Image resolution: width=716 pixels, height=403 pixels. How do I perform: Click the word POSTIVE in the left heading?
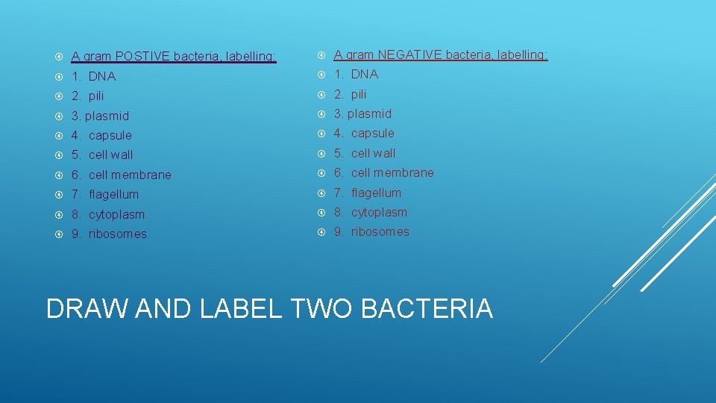click(x=144, y=57)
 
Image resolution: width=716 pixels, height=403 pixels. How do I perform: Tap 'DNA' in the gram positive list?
click(x=102, y=76)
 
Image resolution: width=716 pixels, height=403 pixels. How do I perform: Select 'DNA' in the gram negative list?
click(x=365, y=74)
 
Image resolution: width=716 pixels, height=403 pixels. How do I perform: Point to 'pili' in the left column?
click(x=96, y=96)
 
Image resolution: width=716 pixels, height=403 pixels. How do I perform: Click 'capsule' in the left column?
click(x=110, y=135)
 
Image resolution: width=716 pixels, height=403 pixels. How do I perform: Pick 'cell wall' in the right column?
click(x=373, y=153)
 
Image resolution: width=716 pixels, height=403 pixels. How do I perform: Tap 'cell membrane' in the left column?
click(x=130, y=175)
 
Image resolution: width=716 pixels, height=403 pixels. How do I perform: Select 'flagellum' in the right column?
click(x=376, y=193)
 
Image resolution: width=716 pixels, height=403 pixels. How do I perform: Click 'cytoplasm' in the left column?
click(x=116, y=214)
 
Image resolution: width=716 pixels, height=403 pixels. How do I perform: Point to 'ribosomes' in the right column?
click(x=380, y=231)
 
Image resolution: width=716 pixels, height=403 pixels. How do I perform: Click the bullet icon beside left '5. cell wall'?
click(x=58, y=155)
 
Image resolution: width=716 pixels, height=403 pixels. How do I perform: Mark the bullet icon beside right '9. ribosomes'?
click(x=321, y=232)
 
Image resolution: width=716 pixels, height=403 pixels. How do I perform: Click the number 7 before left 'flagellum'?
click(x=75, y=195)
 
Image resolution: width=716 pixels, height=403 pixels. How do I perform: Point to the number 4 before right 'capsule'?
click(x=338, y=134)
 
